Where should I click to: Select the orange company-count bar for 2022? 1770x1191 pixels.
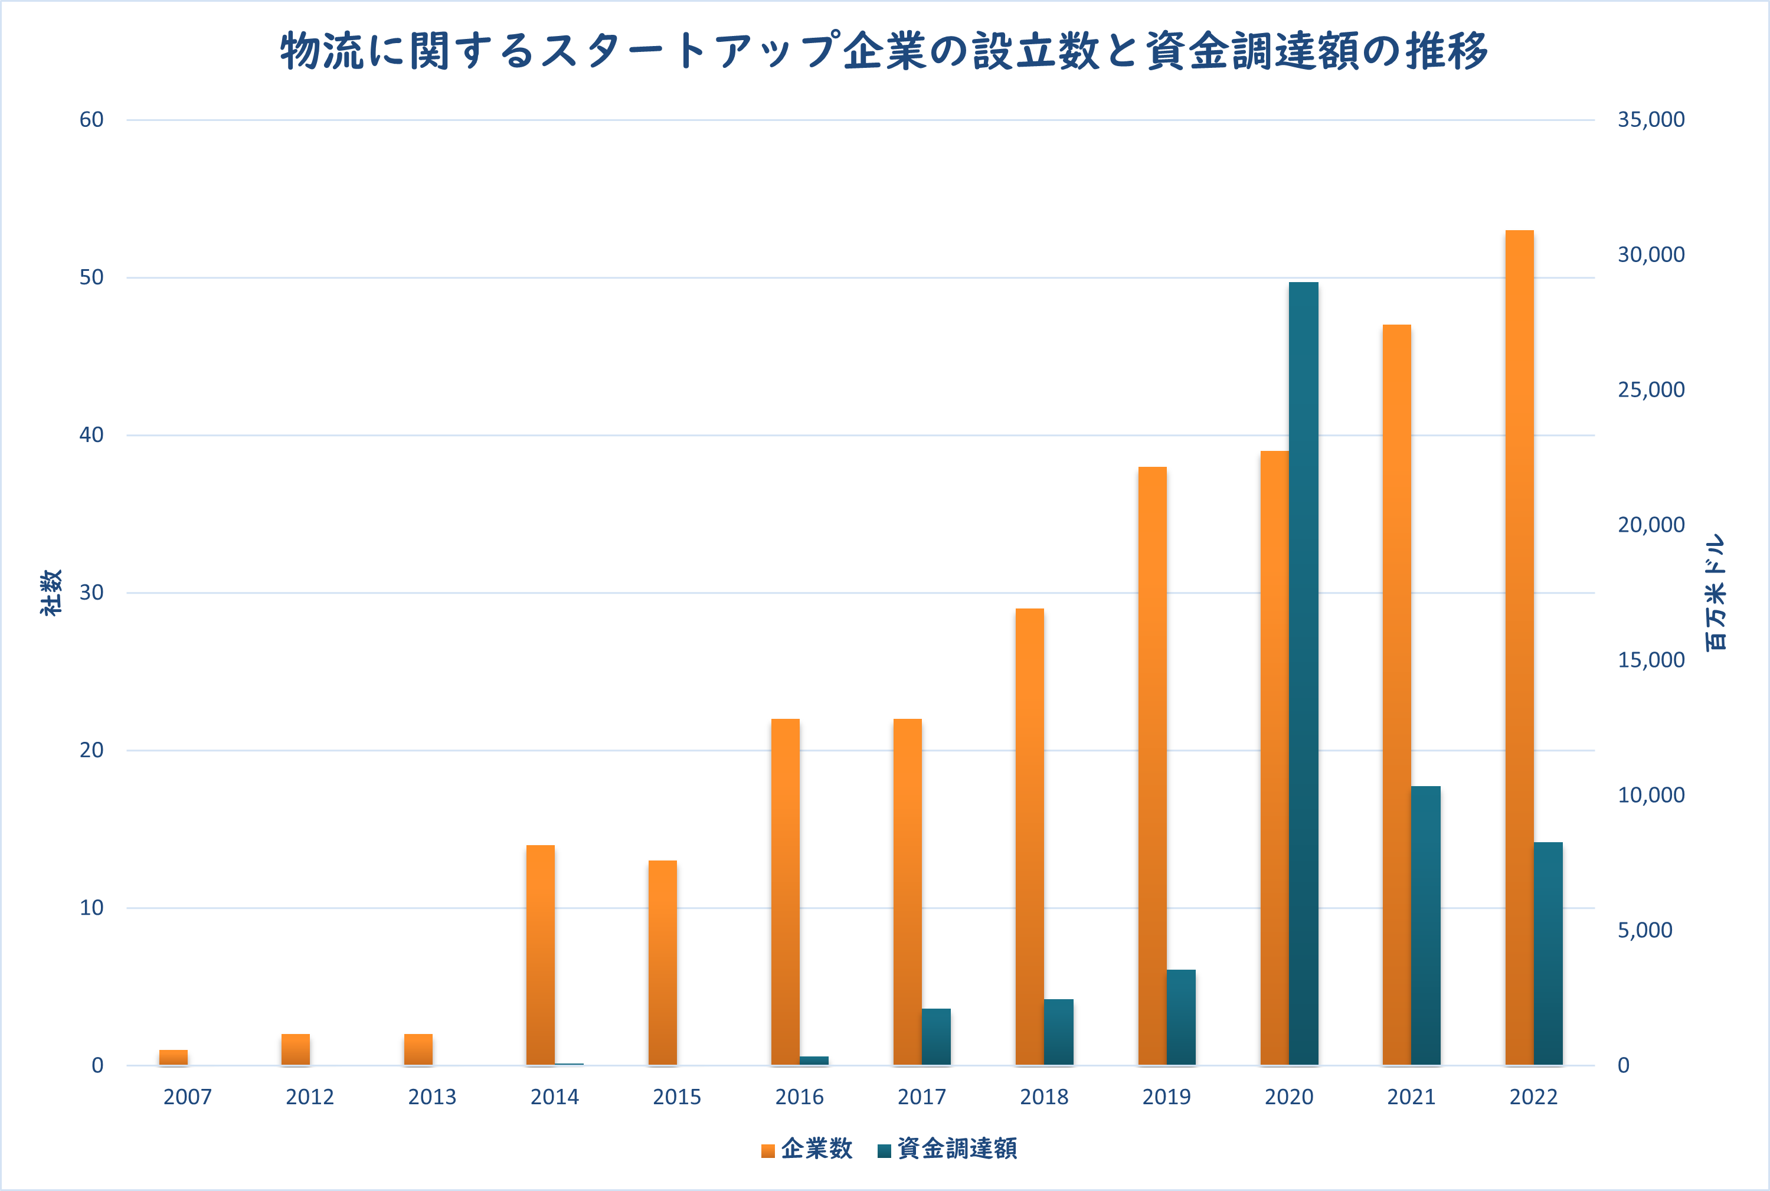(x=1519, y=647)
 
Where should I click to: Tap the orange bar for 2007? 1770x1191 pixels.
(x=173, y=1057)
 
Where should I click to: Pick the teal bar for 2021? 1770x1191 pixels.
(x=1426, y=925)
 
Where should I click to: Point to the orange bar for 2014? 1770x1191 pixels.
(x=540, y=955)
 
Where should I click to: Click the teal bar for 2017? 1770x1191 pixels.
(x=936, y=1037)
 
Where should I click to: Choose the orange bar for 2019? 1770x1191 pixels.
(x=1153, y=765)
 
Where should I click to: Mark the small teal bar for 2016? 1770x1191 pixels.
(x=814, y=1061)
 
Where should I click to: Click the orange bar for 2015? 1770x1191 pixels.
(x=662, y=963)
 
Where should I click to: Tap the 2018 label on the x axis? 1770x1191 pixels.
(x=1044, y=1097)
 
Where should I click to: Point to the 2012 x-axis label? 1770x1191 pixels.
(x=310, y=1097)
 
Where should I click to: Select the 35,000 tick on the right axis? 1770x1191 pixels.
(x=1651, y=119)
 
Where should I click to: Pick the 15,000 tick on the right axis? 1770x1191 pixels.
(x=1651, y=660)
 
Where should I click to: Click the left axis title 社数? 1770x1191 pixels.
(x=51, y=593)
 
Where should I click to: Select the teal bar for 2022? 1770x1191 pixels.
(x=1548, y=953)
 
